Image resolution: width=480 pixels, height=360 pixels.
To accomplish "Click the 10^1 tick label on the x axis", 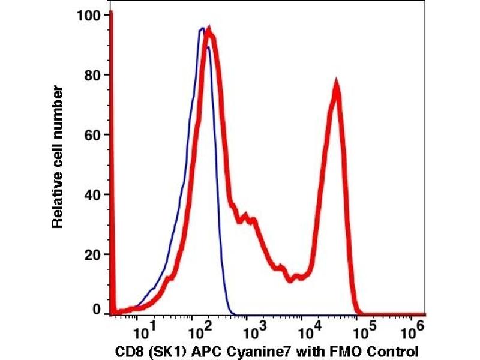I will pos(143,329).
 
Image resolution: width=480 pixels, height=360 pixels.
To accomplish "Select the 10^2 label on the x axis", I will pos(199,329).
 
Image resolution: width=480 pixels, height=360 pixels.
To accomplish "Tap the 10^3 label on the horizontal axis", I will pos(255,329).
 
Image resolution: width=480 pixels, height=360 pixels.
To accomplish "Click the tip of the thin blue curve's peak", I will pos(202,28).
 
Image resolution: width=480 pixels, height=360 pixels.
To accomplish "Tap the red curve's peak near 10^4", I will pos(337,83).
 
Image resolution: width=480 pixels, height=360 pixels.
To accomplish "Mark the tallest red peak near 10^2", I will pos(209,28).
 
